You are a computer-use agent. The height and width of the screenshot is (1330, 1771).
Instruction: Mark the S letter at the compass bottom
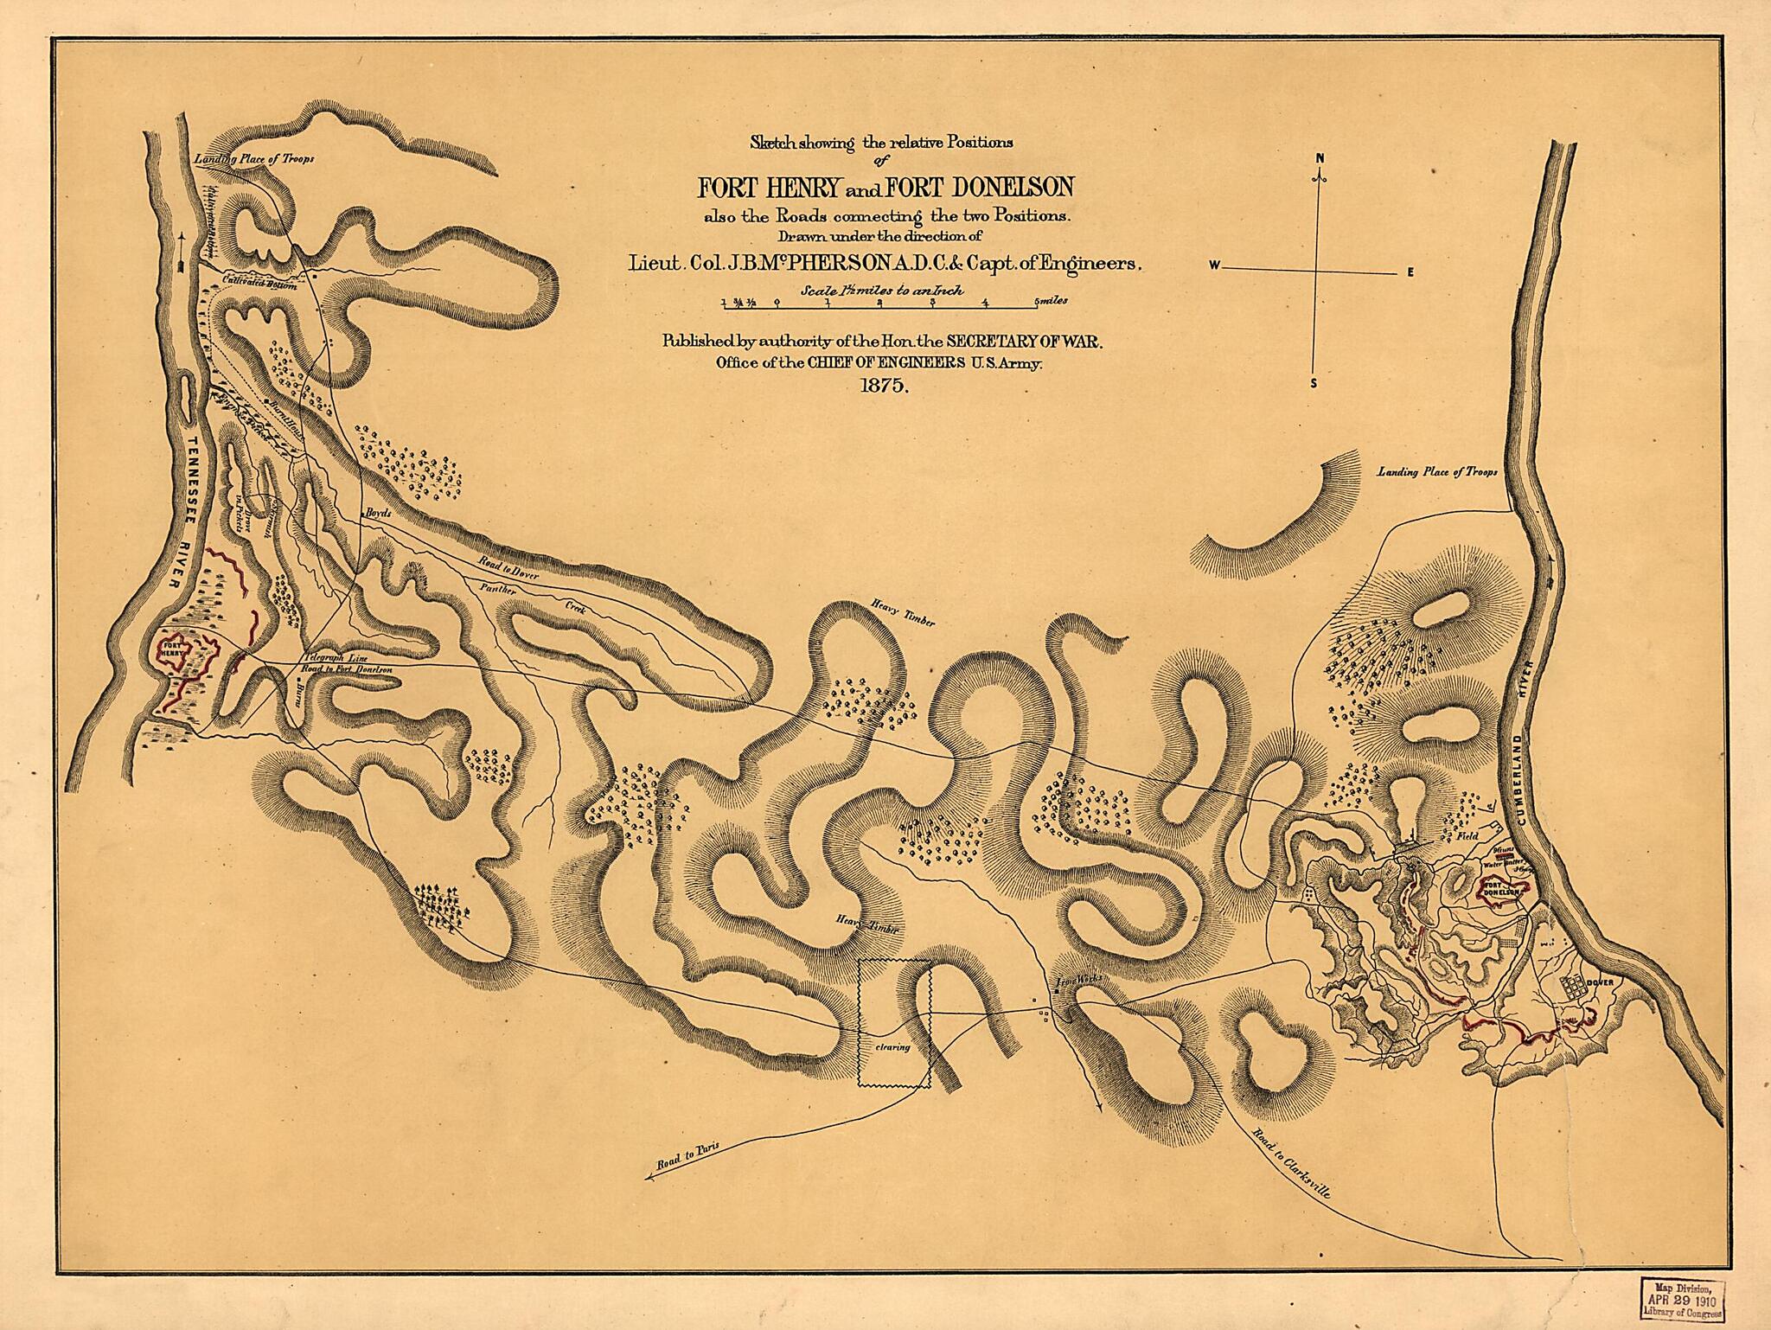point(1314,385)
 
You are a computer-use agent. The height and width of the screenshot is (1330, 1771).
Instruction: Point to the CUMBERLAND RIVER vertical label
point(1528,734)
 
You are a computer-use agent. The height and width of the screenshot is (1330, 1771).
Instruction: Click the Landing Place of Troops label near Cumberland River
point(1437,473)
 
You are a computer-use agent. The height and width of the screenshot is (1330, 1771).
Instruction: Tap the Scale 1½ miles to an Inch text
point(883,291)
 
